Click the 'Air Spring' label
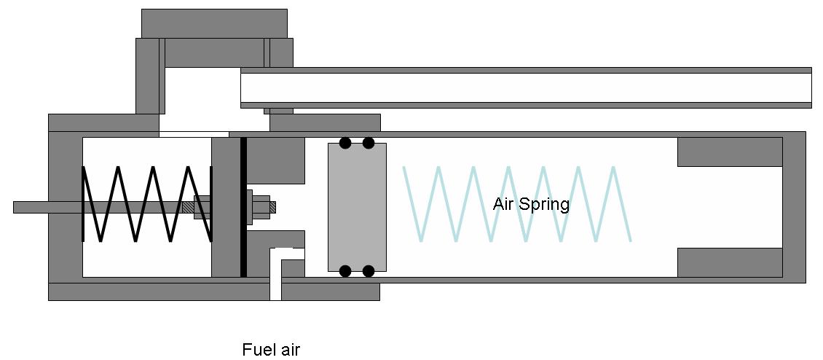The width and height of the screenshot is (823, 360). coord(531,204)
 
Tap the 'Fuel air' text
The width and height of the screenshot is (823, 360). coord(271,350)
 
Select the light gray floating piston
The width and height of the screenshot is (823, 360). coord(357,207)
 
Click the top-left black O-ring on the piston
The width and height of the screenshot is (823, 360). coord(345,143)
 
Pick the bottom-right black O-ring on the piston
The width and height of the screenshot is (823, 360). coord(369,271)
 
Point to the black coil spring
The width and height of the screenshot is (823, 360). coord(146,204)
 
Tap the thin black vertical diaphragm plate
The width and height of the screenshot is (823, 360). coord(243,207)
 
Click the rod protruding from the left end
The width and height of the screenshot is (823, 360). coord(44,207)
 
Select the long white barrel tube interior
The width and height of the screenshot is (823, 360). coord(524,87)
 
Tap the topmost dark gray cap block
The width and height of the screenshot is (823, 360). coord(214,23)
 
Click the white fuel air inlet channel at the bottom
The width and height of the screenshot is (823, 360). coord(275,281)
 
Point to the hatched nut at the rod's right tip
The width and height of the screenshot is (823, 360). coord(273,207)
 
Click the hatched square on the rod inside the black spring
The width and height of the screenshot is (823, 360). coord(188,207)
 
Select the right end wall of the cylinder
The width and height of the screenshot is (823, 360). coord(794,207)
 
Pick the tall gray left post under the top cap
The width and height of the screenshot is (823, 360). coord(147,77)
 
